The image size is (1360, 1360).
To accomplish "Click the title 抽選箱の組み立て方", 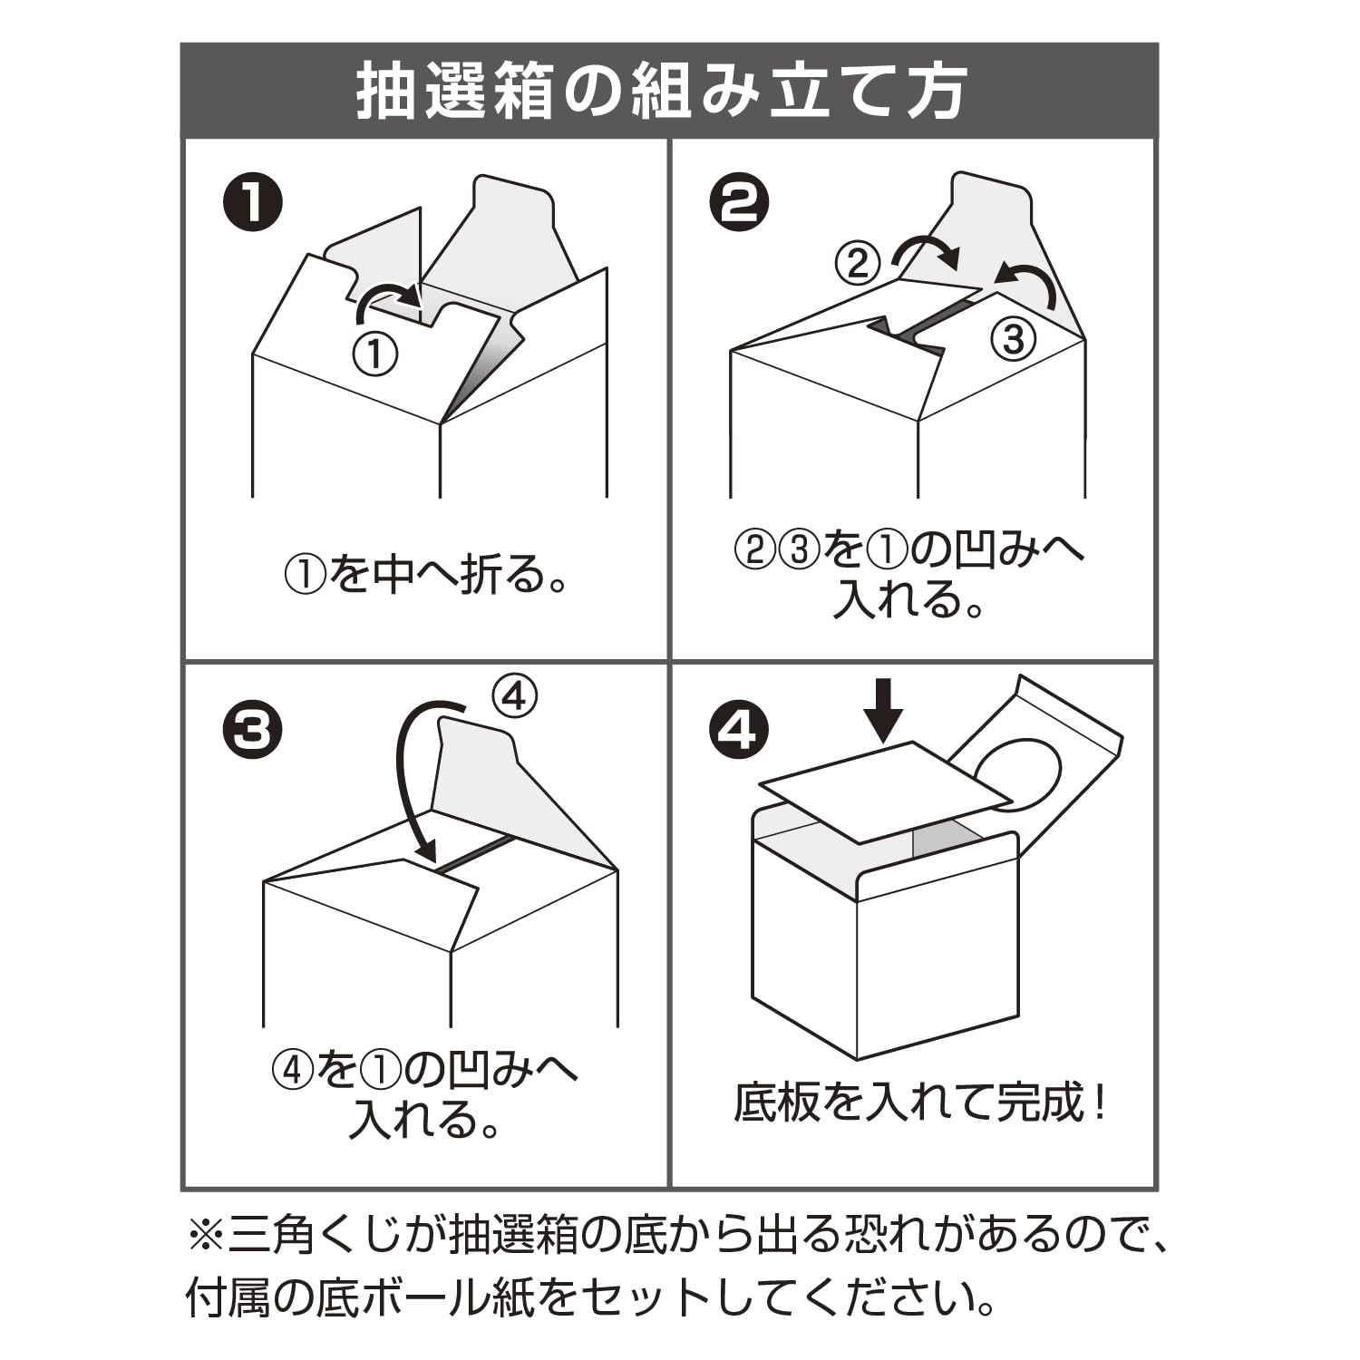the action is coord(661,92).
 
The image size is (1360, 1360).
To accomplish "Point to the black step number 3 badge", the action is coord(253,730).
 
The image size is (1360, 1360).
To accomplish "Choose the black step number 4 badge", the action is coord(739,730).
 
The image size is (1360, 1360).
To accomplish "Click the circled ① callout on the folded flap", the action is coord(375,354).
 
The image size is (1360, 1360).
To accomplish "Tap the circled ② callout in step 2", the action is coord(858,263).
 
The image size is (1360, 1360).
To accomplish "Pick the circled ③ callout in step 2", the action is coord(1013,339).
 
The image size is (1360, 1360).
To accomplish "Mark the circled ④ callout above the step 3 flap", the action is coord(514,696).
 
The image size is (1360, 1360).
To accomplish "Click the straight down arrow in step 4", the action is coord(883,711).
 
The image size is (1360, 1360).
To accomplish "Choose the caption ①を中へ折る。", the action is coord(426,574).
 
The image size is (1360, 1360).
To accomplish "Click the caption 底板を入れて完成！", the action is coord(919,1103).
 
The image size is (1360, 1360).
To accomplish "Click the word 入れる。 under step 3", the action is coord(426,1120).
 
